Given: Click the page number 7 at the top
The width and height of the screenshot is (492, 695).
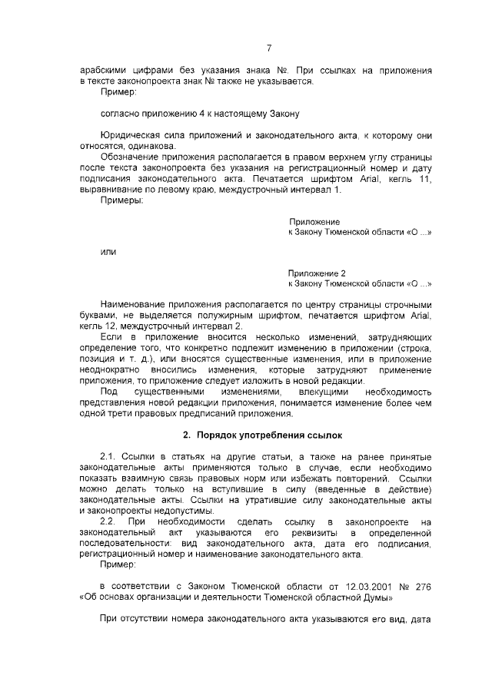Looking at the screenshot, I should (269, 48).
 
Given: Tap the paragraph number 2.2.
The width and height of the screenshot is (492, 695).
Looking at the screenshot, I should (110, 521).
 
